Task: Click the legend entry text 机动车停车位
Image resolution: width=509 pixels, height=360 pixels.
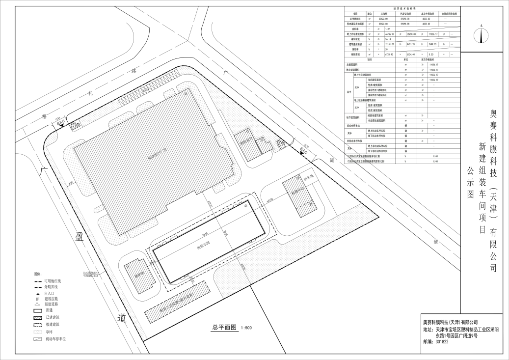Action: (x=55, y=339)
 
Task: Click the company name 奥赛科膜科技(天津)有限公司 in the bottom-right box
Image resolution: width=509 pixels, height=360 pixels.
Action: (x=450, y=322)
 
